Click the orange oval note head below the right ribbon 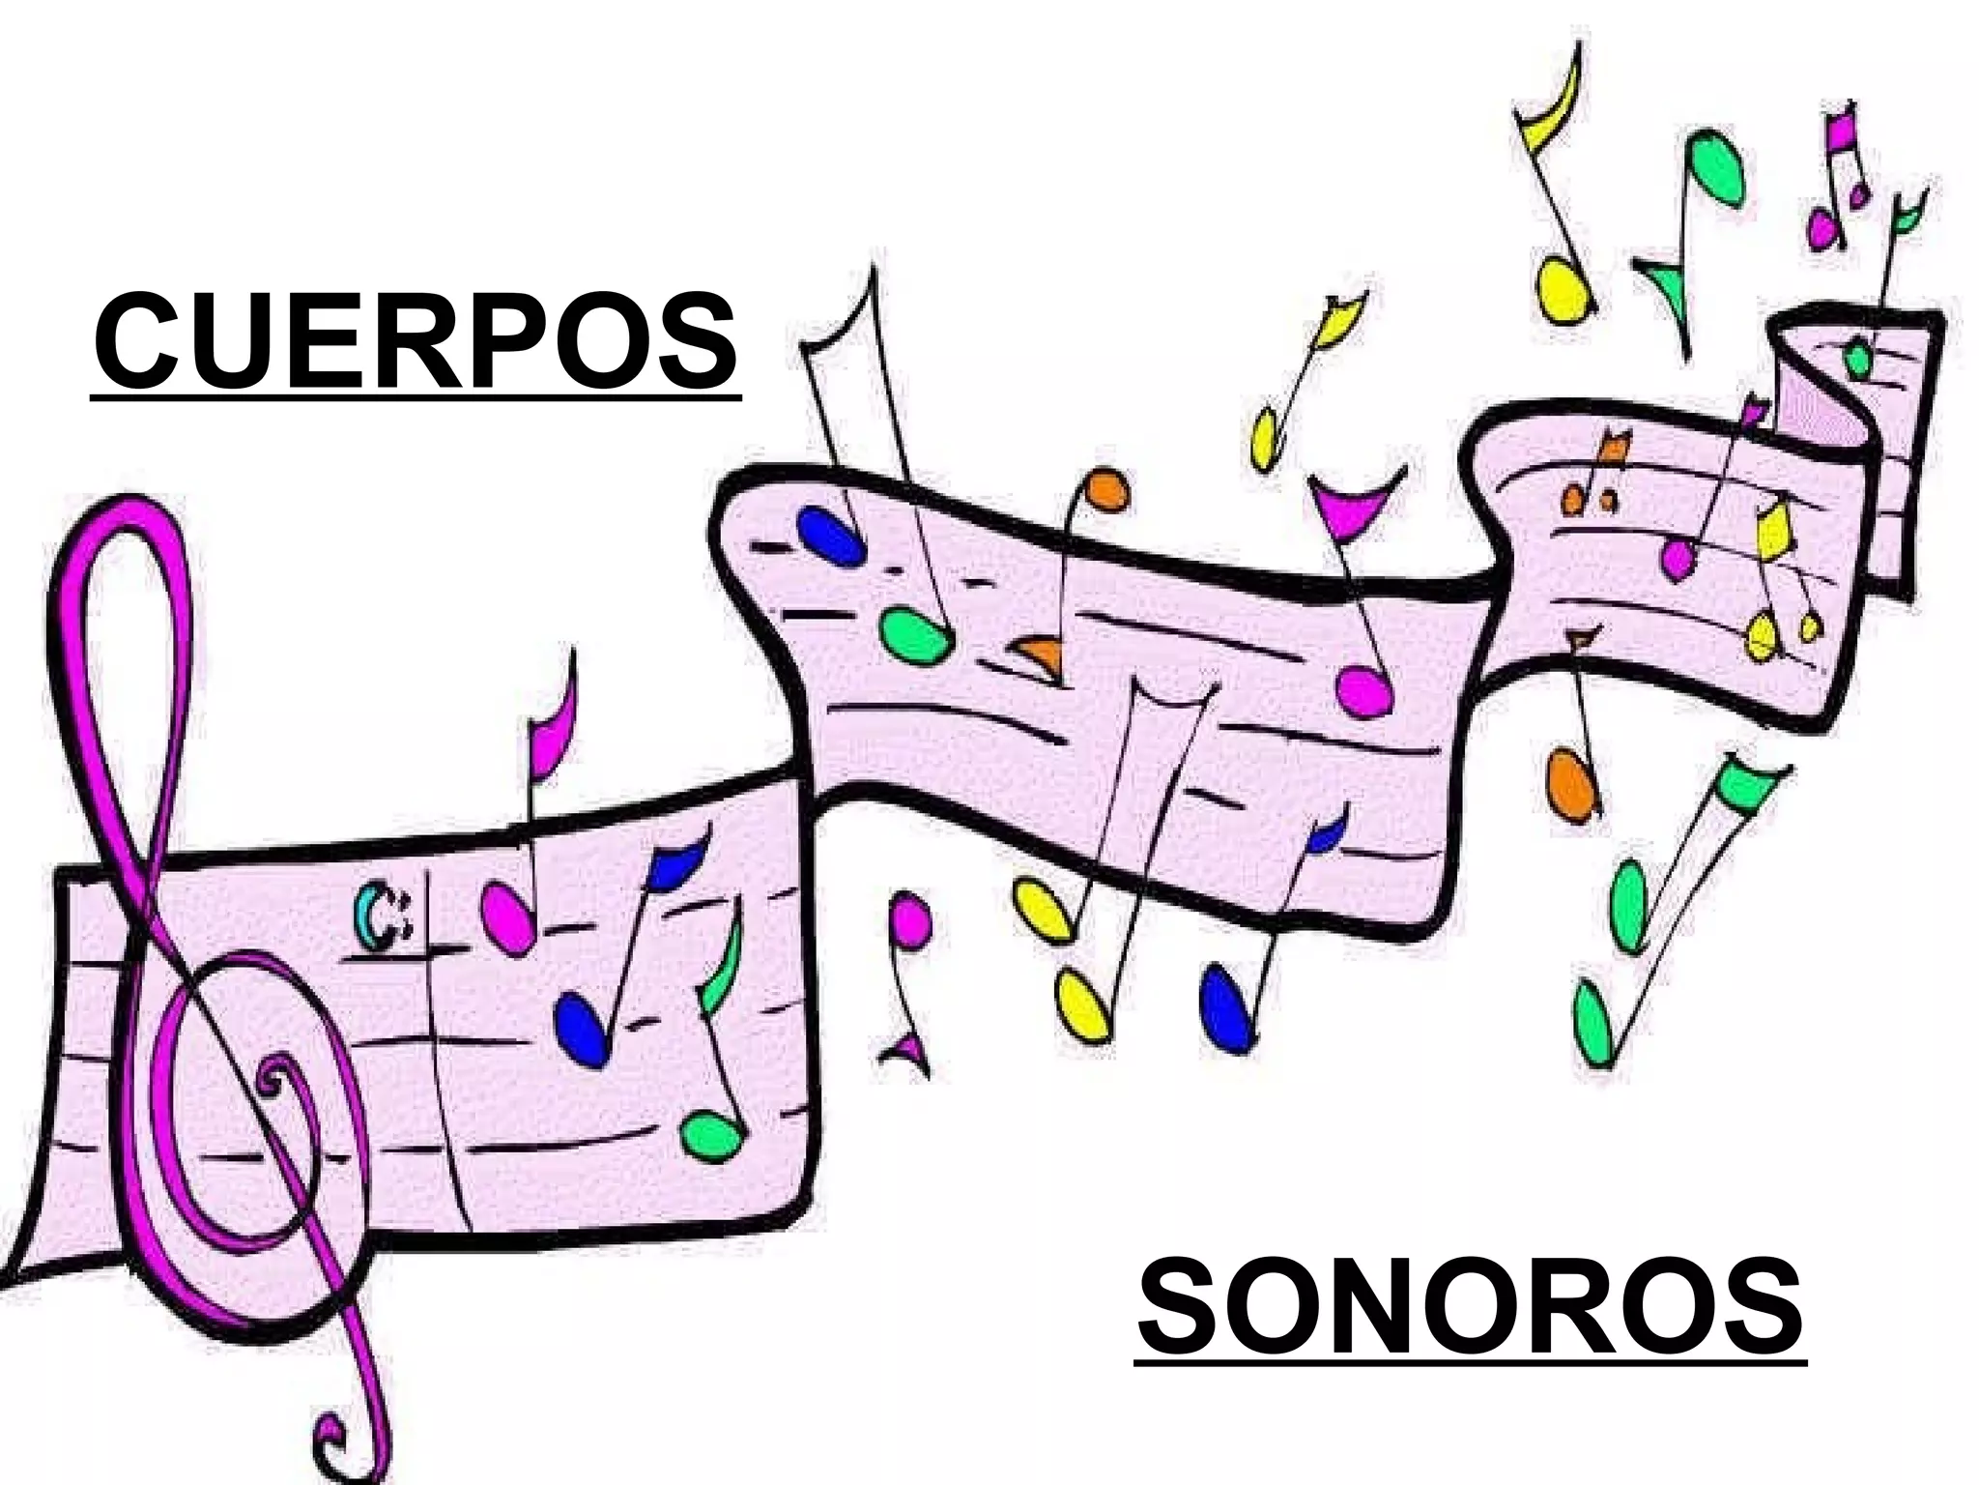pyautogui.click(x=1569, y=785)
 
